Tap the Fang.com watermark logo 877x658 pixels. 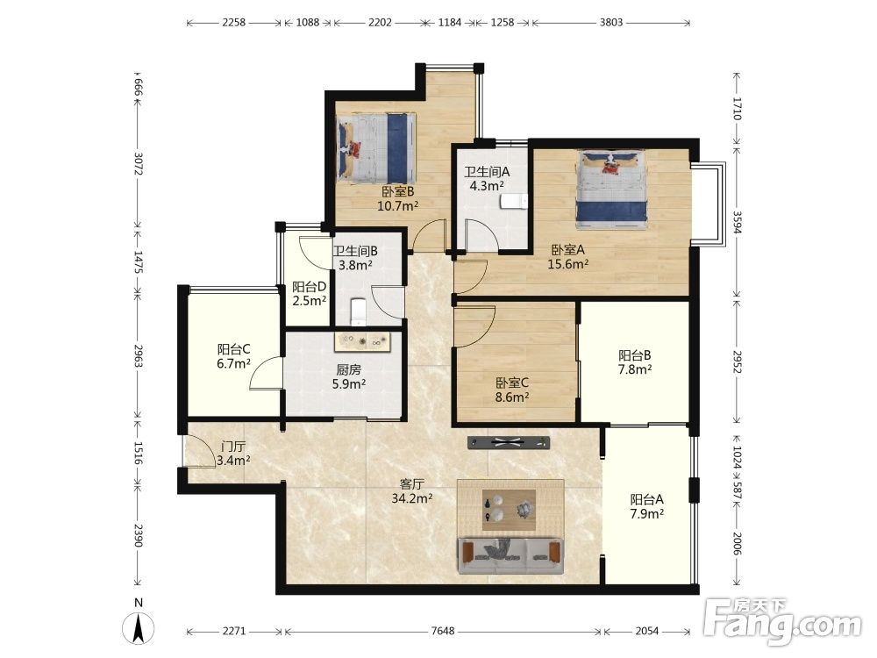coord(783,620)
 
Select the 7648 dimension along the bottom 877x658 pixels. coord(442,631)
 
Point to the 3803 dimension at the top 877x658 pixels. coord(610,23)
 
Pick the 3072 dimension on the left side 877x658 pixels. coord(139,163)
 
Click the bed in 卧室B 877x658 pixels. coord(376,147)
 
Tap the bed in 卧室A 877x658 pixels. coord(611,189)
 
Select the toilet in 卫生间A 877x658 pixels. coord(513,202)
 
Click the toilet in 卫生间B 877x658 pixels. coord(358,311)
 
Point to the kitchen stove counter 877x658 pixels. coord(361,341)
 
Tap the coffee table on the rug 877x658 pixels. coord(509,510)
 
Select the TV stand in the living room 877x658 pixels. coord(509,442)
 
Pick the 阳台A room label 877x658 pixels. coord(646,499)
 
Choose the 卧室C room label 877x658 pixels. coord(512,383)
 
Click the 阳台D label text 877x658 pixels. coord(310,287)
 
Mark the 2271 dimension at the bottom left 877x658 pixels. coord(234,631)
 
